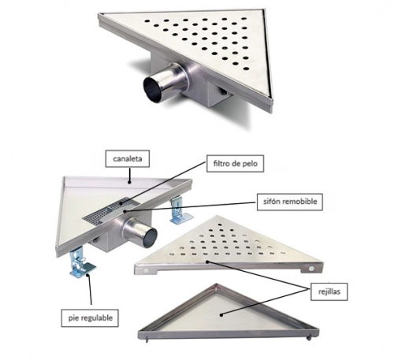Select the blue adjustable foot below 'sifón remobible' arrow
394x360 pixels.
click(x=179, y=211)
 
